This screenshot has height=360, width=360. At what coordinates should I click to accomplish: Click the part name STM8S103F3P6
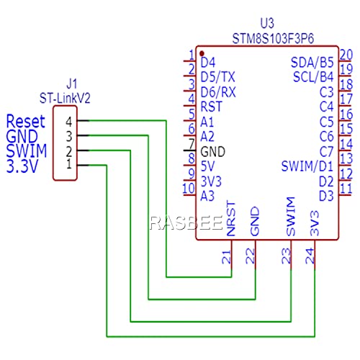point(273,39)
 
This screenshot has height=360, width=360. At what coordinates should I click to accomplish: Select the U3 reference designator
point(267,23)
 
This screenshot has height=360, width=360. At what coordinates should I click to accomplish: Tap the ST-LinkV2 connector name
point(65,98)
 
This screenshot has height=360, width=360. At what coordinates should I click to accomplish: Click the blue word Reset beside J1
point(26,122)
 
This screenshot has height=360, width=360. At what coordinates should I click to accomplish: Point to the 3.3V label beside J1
point(22,166)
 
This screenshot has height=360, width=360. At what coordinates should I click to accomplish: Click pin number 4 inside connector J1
point(69,122)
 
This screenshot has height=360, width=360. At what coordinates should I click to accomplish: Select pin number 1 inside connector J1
point(69,164)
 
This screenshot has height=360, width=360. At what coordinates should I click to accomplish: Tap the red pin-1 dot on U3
point(202,53)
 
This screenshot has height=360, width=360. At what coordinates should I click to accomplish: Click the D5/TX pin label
point(217,77)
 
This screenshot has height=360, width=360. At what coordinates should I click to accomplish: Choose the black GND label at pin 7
point(212,152)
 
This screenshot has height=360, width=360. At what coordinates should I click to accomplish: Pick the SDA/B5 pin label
point(312,63)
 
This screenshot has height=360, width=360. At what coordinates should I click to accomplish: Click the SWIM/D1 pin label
point(307,166)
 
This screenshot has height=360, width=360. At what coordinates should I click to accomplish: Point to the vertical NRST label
point(231,219)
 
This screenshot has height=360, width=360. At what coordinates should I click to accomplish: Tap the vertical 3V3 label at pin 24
point(315,223)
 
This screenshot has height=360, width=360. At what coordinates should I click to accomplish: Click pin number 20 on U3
point(346,55)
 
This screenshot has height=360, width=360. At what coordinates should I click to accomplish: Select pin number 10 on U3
point(189,189)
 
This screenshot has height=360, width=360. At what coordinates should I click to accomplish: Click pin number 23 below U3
point(286,256)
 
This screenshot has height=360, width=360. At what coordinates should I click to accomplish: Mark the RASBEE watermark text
point(186,223)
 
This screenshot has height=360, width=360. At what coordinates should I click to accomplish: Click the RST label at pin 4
point(212,107)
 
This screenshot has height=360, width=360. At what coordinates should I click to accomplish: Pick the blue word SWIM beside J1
point(27,151)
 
